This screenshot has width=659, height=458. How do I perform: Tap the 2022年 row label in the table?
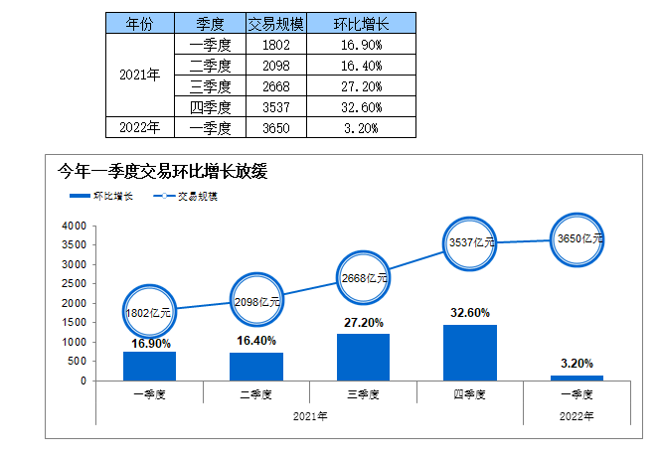click(x=139, y=127)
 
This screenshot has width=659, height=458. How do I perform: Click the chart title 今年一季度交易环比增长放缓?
click(x=165, y=171)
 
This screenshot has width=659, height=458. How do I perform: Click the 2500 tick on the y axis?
click(x=74, y=284)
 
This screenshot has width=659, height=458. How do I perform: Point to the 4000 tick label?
click(x=74, y=227)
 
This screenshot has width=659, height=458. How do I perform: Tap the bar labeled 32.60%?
click(x=469, y=353)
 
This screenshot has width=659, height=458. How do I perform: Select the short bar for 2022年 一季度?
click(x=577, y=378)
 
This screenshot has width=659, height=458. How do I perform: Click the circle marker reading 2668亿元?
click(x=363, y=278)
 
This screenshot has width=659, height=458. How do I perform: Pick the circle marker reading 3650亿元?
click(x=577, y=238)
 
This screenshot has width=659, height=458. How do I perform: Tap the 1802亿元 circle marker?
click(x=149, y=312)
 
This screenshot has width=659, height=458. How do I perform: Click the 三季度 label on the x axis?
click(x=363, y=394)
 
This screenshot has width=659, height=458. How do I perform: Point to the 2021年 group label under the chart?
click(x=309, y=415)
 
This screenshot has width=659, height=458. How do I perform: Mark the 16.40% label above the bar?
click(x=256, y=340)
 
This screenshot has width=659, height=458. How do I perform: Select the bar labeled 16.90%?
click(x=149, y=366)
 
